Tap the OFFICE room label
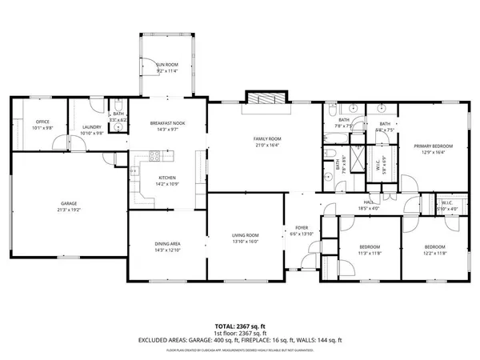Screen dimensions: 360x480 pyautogui.click(x=41, y=123)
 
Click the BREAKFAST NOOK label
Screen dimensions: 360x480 pyautogui.click(x=167, y=123)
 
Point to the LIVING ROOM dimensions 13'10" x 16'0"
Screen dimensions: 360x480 pyautogui.click(x=246, y=241)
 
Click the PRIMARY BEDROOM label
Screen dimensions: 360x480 pyautogui.click(x=433, y=146)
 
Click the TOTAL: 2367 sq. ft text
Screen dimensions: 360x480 pyautogui.click(x=240, y=326)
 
